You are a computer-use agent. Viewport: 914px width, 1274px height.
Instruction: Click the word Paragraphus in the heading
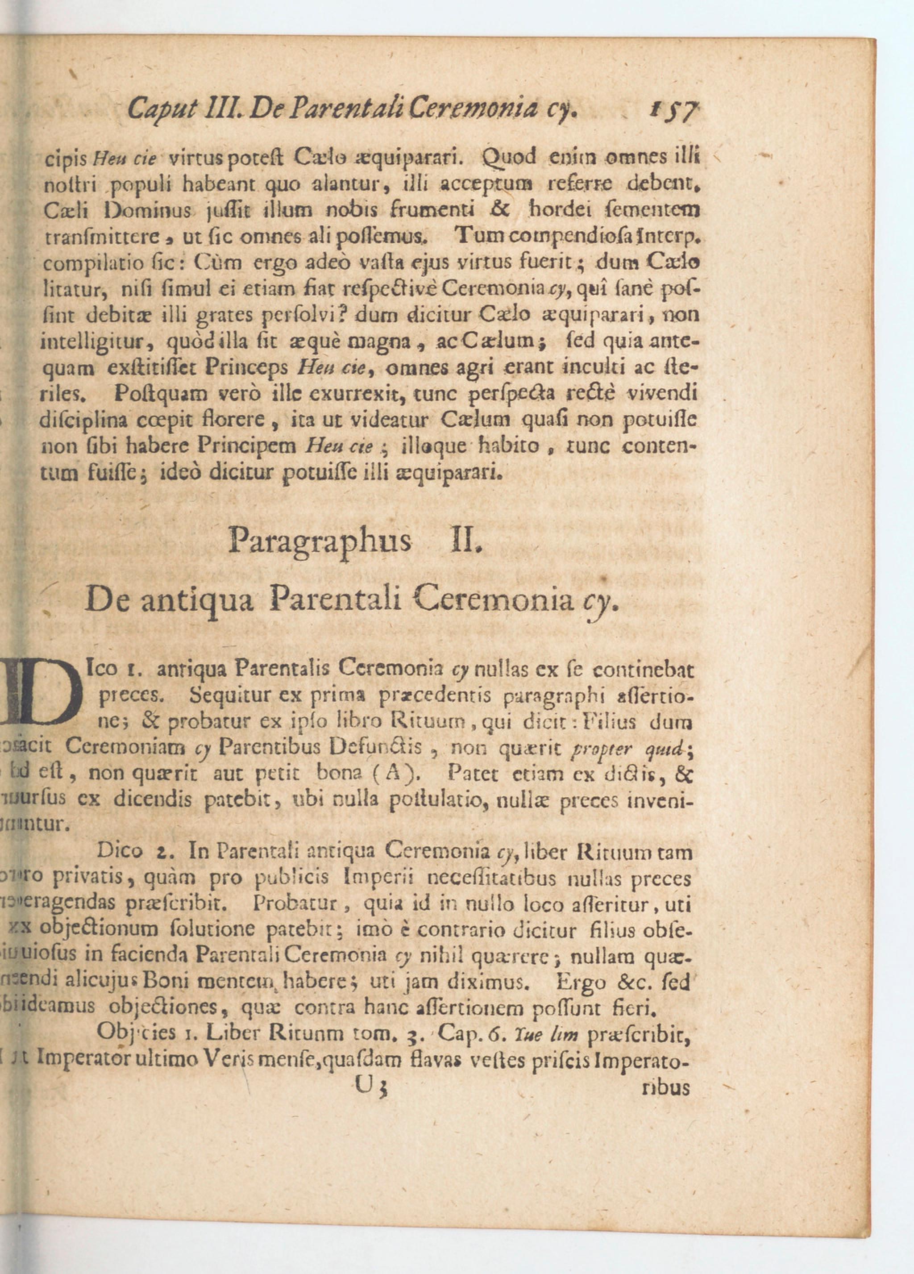click(320, 541)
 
